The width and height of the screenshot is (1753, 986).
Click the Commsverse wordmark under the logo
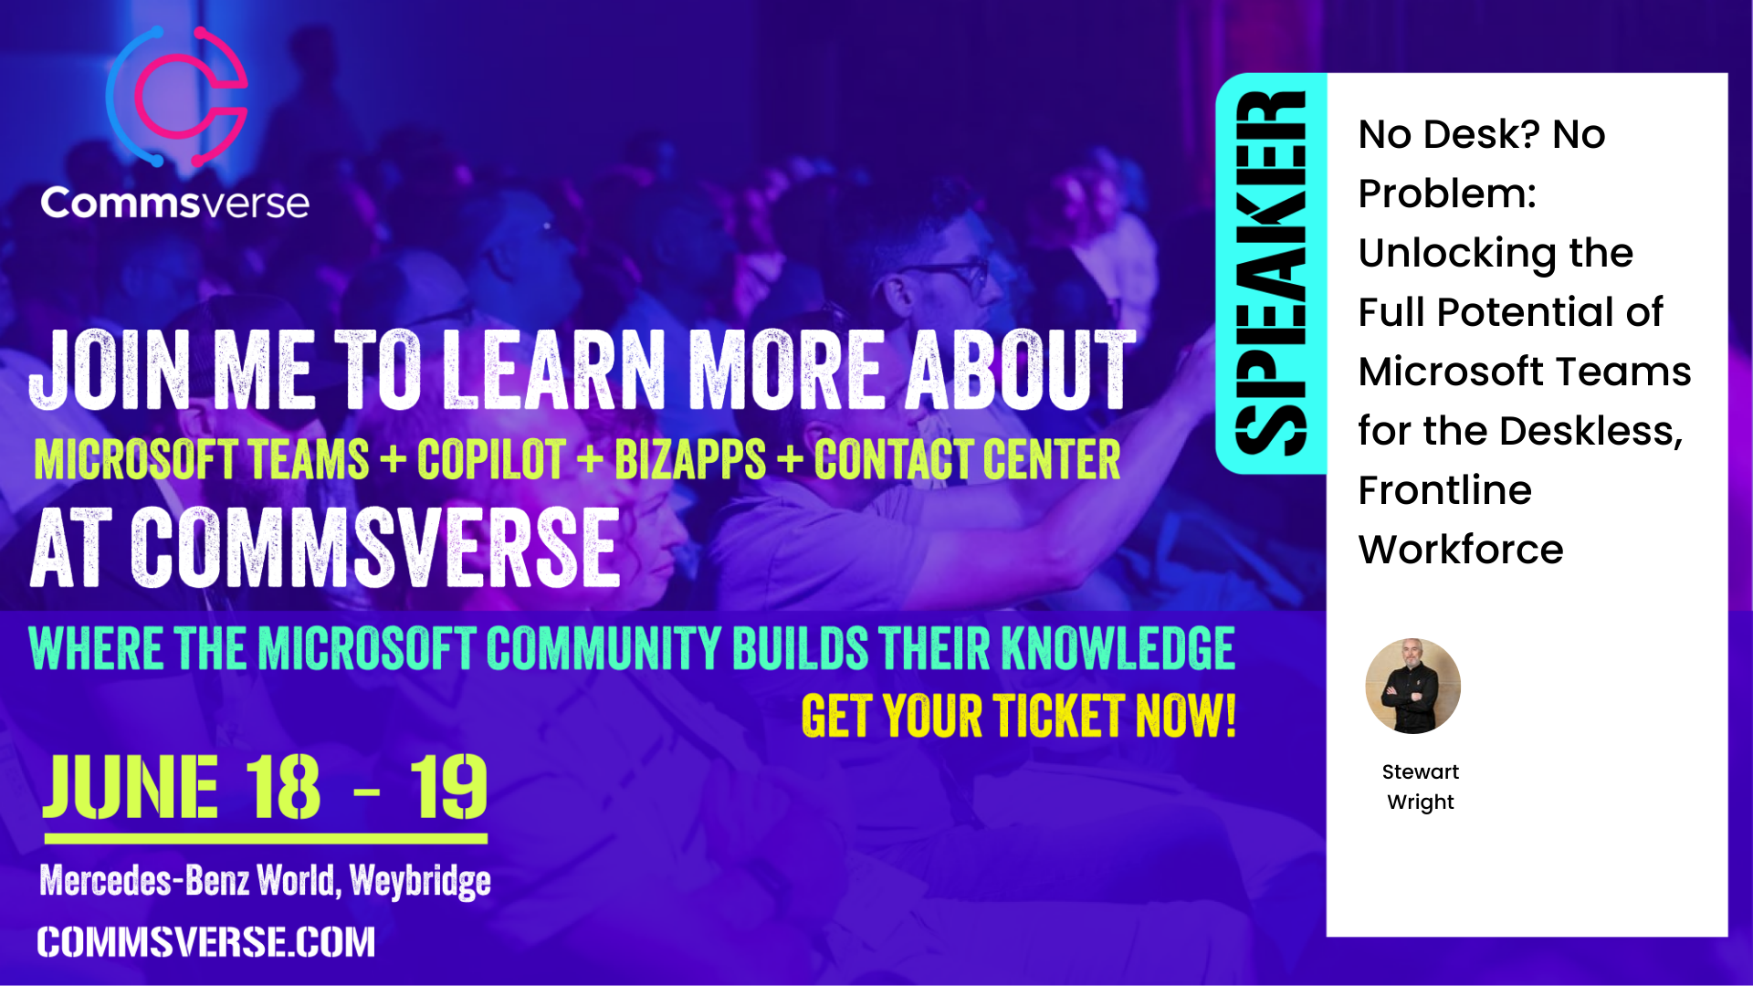point(174,203)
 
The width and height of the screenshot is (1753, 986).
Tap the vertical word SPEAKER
point(1270,273)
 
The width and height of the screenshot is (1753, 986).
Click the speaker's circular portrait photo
point(1412,686)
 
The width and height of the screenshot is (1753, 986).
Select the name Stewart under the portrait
point(1421,771)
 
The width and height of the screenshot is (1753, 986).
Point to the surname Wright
point(1421,802)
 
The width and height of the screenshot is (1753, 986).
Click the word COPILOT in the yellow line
point(491,459)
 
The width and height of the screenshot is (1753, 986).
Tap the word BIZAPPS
point(690,459)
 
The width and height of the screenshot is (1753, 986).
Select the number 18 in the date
point(283,787)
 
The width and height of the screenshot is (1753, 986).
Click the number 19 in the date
point(448,787)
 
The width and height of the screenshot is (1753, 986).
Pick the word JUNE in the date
point(131,787)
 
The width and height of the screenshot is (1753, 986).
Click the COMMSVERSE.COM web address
point(205,942)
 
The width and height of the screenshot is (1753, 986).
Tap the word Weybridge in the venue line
point(420,881)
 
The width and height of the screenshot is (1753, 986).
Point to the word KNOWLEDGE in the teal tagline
point(1118,648)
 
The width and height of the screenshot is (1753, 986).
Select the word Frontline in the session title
point(1444,490)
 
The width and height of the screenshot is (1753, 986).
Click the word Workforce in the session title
point(1461,550)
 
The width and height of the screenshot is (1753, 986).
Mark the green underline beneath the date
point(266,838)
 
